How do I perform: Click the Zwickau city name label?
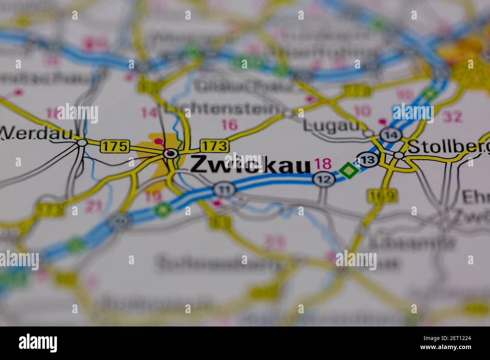tap(250, 165)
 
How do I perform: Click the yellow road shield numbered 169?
tap(382, 195)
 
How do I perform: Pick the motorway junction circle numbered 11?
tap(224, 189)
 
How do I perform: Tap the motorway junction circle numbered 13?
tap(368, 160)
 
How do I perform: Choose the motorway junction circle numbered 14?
tap(388, 135)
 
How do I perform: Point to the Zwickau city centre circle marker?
tap(171, 153)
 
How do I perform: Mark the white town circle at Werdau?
tap(82, 143)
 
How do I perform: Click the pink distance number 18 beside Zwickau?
tap(323, 163)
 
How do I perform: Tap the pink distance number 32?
tap(452, 117)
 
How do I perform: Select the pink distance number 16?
tap(230, 124)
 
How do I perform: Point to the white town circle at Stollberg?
tap(398, 155)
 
